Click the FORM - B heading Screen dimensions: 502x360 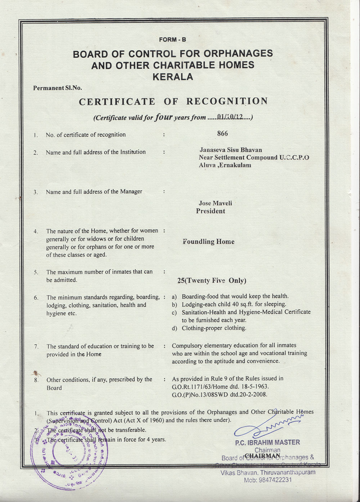[172, 40]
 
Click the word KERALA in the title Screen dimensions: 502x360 [173, 77]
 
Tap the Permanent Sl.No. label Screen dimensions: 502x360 [58, 88]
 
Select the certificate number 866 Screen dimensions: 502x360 [222, 134]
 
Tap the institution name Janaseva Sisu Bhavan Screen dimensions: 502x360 [231, 150]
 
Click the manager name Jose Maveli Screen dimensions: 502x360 [215, 203]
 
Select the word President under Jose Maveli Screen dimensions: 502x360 [211, 211]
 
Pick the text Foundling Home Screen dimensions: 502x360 [208, 242]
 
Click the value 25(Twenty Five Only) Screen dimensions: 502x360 [212, 281]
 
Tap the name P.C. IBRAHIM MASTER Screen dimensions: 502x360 [267, 443]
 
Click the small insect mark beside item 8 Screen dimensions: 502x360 [36, 373]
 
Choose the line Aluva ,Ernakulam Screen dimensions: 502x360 [225, 165]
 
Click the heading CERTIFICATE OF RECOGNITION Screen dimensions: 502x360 [173, 102]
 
